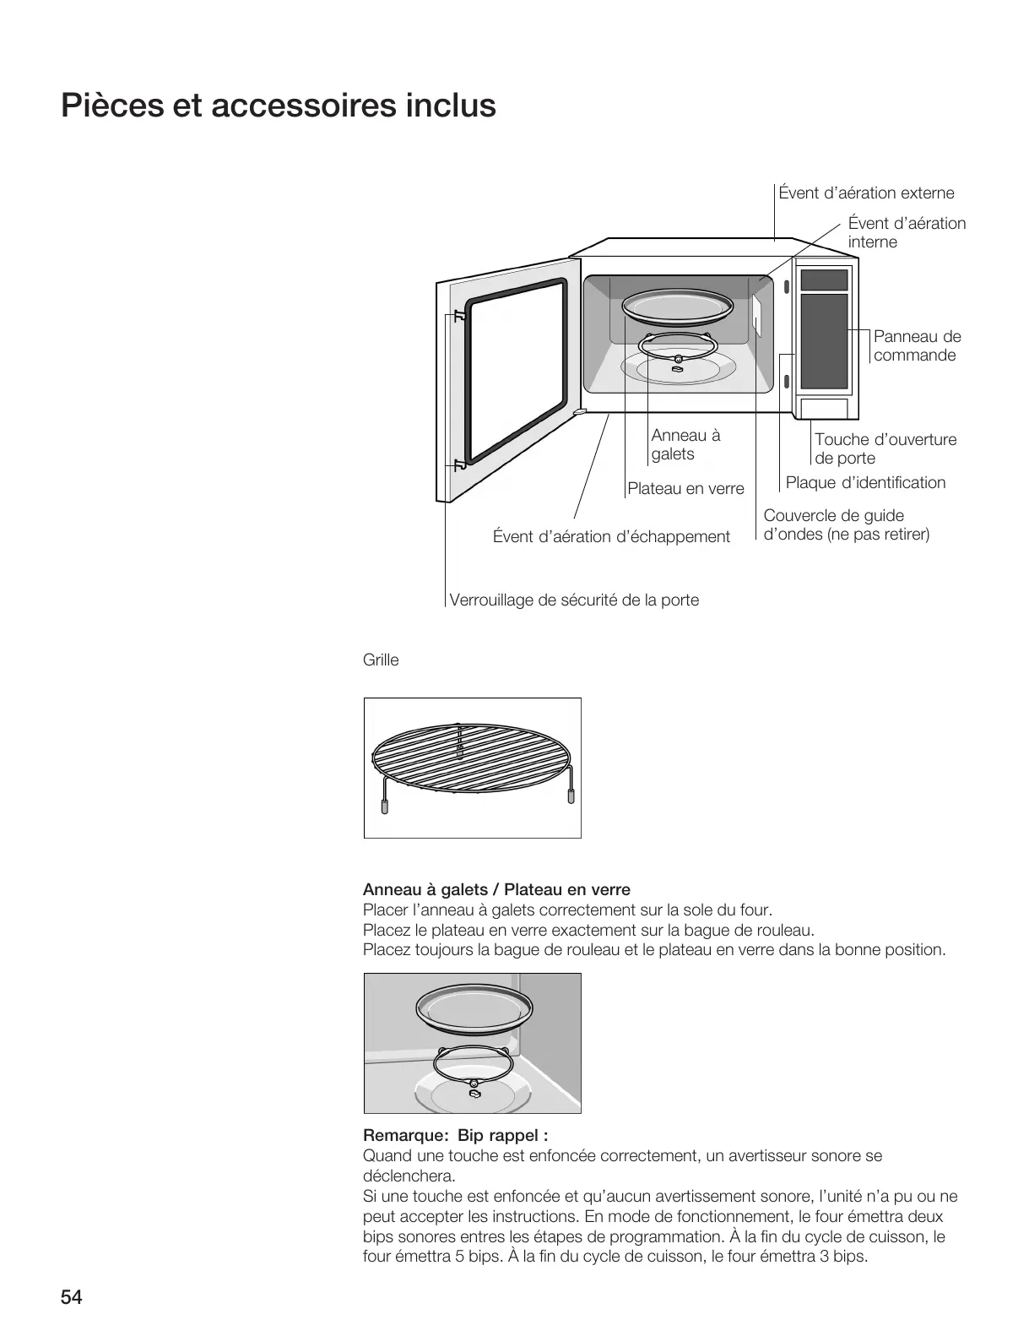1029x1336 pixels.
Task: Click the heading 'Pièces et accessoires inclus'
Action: coord(279,106)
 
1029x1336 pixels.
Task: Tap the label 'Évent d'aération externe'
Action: coord(866,193)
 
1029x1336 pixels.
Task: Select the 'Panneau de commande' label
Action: coord(917,345)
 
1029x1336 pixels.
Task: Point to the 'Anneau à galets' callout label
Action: coord(685,444)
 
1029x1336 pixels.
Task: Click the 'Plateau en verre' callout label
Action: coord(685,489)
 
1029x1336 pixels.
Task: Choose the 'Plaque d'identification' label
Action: coord(865,483)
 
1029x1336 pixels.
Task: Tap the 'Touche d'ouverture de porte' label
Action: coord(885,448)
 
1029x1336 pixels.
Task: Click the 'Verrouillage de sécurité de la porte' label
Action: coord(574,600)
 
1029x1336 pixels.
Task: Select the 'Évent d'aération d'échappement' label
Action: coord(611,537)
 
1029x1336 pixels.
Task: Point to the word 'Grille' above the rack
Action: coord(381,660)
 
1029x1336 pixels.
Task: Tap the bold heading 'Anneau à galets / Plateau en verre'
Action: coord(496,889)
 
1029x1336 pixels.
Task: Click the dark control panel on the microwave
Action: coord(824,340)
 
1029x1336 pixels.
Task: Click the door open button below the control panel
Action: coord(824,409)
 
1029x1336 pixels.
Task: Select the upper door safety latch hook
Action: coord(458,317)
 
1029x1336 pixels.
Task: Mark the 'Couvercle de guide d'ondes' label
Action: coord(846,525)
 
